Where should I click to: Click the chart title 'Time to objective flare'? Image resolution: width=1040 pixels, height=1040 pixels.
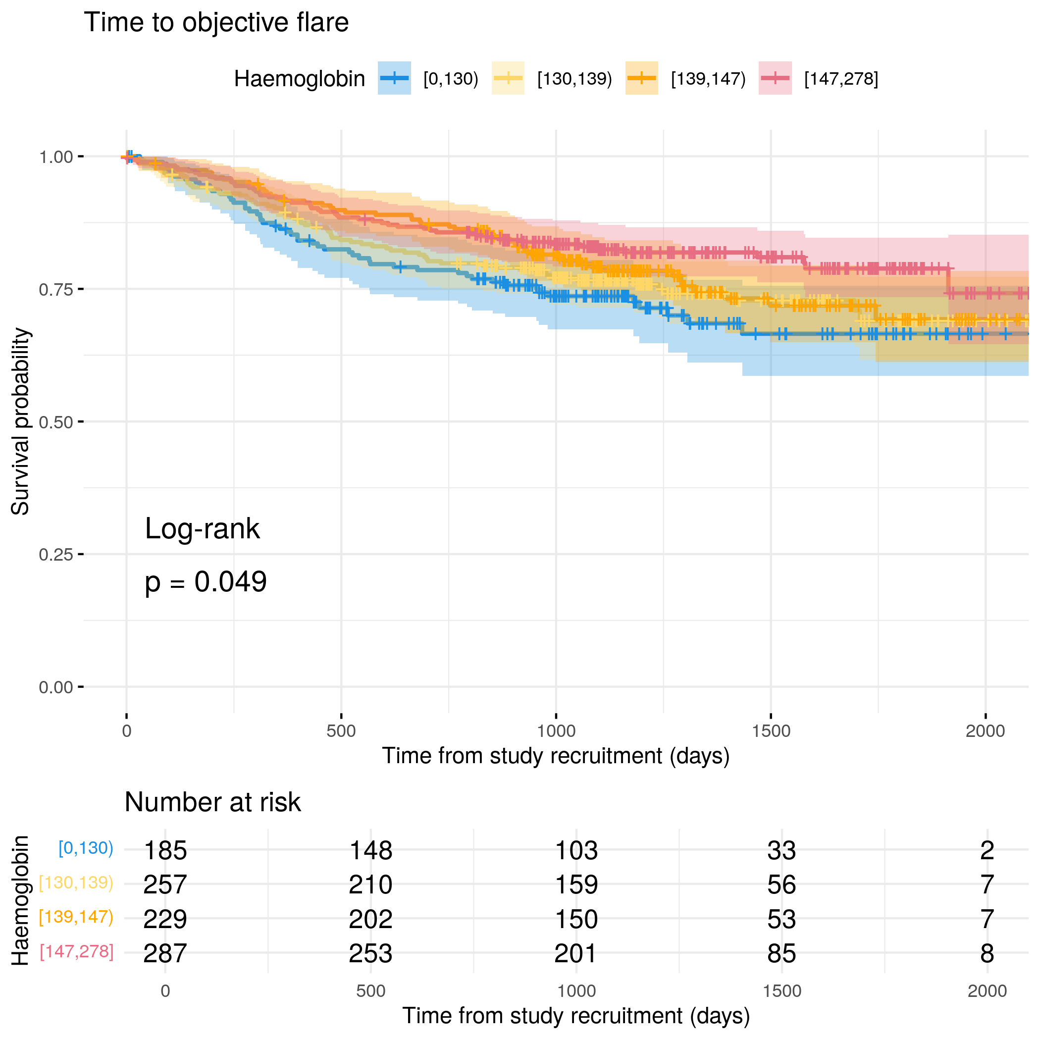pyautogui.click(x=216, y=23)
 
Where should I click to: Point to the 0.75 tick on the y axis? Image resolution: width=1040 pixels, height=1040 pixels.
pyautogui.click(x=81, y=290)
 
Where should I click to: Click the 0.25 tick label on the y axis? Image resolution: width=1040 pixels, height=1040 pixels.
pyautogui.click(x=55, y=555)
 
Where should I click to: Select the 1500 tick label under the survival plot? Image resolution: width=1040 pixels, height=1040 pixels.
pyautogui.click(x=771, y=731)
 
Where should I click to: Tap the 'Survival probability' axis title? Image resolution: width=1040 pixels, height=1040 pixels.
pyautogui.click(x=20, y=421)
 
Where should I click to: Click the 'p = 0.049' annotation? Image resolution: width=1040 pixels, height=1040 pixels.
pyautogui.click(x=206, y=582)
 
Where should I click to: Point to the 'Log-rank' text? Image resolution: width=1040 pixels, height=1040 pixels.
pyautogui.click(x=203, y=528)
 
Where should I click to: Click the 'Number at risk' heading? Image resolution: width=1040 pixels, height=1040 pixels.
pyautogui.click(x=212, y=802)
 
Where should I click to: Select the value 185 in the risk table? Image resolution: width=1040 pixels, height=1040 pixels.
pyautogui.click(x=165, y=851)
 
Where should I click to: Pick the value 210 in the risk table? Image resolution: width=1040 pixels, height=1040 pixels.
pyautogui.click(x=370, y=885)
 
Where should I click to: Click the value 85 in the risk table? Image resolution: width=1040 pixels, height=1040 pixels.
pyautogui.click(x=781, y=953)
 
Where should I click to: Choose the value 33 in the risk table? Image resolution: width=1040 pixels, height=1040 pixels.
pyautogui.click(x=781, y=851)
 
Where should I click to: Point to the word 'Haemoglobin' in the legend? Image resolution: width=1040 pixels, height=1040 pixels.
pyautogui.click(x=299, y=79)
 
